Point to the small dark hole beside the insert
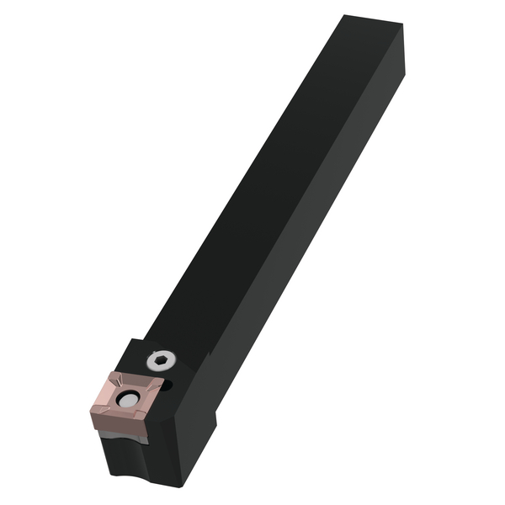point(168,386)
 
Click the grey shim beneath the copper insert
point(126,435)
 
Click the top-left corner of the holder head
point(132,339)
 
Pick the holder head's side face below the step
point(194,446)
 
